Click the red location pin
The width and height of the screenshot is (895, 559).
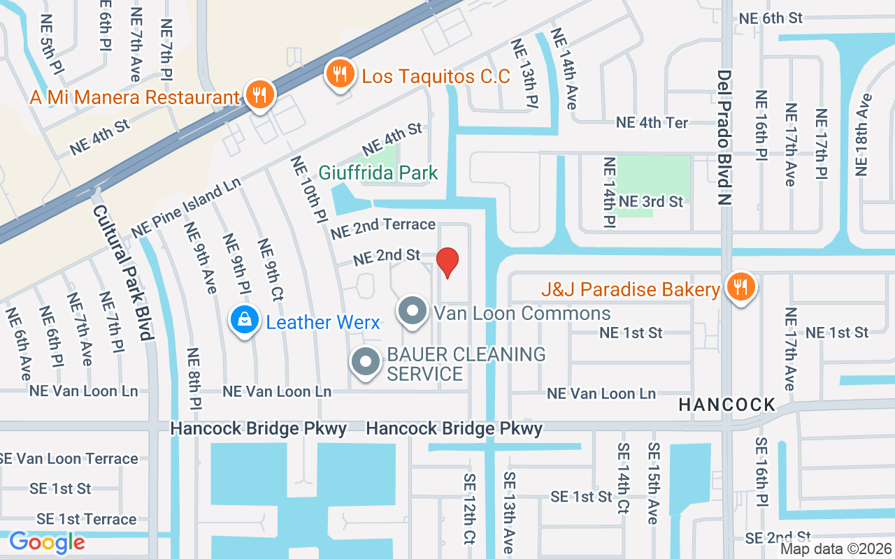(447, 262)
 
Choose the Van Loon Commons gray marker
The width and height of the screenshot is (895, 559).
(413, 311)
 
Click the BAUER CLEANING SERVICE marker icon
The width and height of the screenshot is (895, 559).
(365, 362)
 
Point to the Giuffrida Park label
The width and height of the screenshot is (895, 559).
(378, 173)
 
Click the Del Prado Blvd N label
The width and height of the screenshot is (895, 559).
(724, 138)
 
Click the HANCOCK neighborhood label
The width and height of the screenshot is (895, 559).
(727, 405)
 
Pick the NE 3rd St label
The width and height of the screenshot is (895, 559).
(650, 202)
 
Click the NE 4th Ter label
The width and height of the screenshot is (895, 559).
(652, 122)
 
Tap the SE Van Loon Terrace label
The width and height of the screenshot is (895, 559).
(69, 459)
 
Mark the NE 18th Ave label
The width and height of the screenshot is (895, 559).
(864, 134)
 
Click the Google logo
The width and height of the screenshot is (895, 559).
(47, 542)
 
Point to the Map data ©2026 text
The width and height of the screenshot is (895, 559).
(835, 549)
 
